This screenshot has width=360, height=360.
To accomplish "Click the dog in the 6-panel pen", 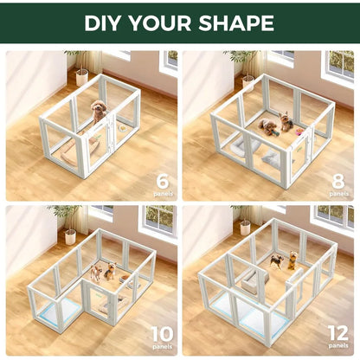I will [98, 110].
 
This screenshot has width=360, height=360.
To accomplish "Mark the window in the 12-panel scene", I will [332, 216].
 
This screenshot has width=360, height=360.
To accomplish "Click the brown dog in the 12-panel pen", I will [292, 258].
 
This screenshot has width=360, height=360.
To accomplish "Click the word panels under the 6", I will [162, 194].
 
